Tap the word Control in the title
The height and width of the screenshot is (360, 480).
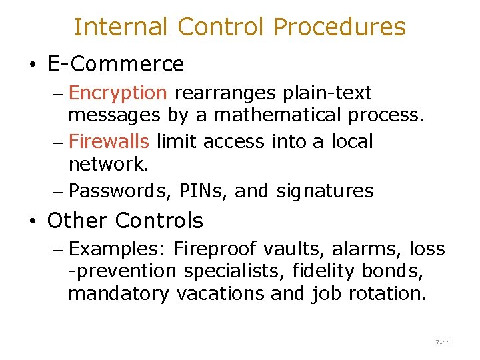coord(221,27)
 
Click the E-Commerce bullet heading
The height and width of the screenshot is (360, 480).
coord(115,64)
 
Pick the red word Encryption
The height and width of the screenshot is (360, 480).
coord(117,93)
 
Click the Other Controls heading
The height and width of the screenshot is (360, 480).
coord(125,220)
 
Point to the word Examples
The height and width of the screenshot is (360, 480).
coord(117,249)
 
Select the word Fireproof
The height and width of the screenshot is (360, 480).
coord(214,249)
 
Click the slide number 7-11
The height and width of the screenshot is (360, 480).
coord(443,343)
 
